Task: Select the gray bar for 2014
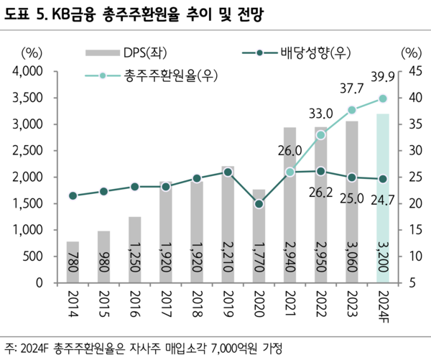tap(73, 262)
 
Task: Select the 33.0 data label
tap(320, 114)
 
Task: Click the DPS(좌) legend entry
tap(122, 52)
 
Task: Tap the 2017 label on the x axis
tap(165, 302)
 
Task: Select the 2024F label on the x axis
tap(383, 305)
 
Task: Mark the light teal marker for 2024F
tap(383, 98)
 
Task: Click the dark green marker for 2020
tap(259, 204)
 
